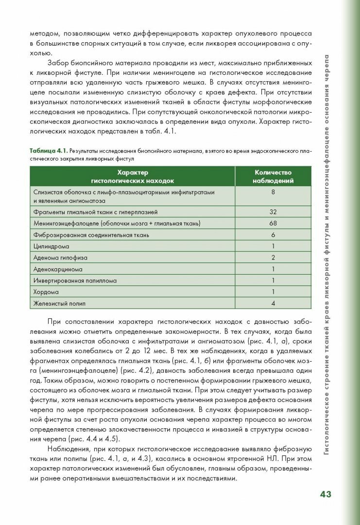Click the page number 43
(325, 494)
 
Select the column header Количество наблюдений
(273, 176)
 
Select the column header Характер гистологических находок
(132, 176)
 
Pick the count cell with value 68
(273, 223)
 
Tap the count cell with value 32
(273, 212)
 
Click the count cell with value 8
(273, 192)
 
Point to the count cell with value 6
(273, 235)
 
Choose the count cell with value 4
(273, 304)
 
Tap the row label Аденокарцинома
(58, 269)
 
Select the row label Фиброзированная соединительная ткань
(91, 235)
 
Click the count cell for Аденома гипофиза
(273, 258)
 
